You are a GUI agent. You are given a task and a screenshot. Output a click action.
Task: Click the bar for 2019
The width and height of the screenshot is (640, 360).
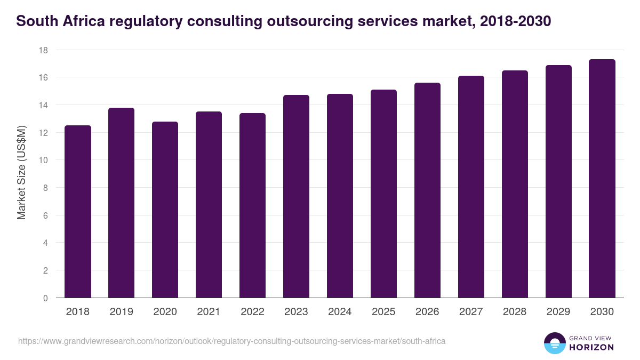coord(122,203)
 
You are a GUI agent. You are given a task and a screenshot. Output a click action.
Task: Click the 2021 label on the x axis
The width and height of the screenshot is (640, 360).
coord(209,312)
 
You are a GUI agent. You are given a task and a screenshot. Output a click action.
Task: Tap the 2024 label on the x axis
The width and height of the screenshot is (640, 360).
coord(340,312)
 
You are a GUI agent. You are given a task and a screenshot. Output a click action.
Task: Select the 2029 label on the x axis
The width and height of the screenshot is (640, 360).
coord(558,312)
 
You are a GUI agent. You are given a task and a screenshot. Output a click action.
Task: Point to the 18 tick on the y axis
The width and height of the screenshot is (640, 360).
coord(43,50)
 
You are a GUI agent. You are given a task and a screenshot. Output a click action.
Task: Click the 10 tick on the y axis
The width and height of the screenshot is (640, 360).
coord(43,160)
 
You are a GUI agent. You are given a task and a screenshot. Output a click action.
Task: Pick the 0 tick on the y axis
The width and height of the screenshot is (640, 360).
coord(45,298)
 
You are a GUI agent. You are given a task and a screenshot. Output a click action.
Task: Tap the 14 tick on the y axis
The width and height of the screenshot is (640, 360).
coord(43,105)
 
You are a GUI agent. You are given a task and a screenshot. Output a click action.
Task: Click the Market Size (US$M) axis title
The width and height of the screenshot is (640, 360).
coord(21,174)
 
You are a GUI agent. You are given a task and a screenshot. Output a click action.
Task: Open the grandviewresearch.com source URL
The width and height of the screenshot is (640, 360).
coord(231,341)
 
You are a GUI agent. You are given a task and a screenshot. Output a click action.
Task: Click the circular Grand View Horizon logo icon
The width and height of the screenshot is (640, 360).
coord(555,343)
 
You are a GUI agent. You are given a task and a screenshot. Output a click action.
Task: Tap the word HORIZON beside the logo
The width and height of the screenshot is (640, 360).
coord(592,347)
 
